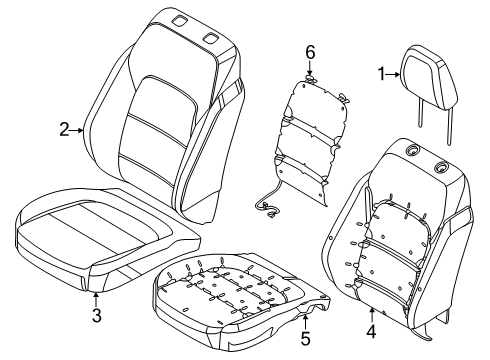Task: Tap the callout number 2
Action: coord(63,129)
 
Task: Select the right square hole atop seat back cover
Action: coord(211,38)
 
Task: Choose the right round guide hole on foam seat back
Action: coord(439,164)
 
